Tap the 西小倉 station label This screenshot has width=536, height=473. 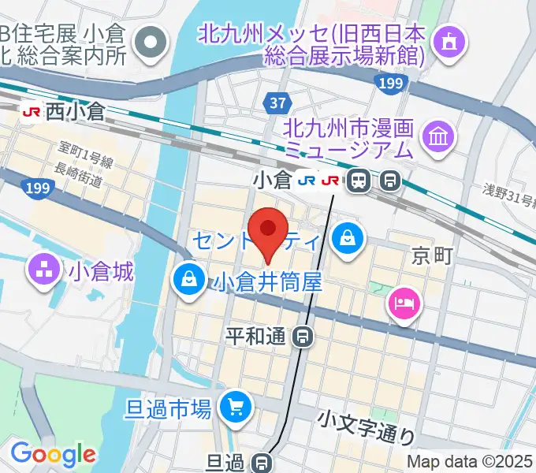(75, 113)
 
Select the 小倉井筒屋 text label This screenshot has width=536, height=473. (268, 281)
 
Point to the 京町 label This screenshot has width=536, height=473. (432, 256)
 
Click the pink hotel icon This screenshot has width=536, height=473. (405, 301)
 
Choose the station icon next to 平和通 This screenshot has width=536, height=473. (302, 337)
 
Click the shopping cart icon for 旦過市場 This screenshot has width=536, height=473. (234, 407)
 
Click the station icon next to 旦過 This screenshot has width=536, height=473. (263, 463)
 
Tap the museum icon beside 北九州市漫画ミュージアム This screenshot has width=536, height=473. (437, 136)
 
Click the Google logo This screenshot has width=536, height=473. (53, 454)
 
